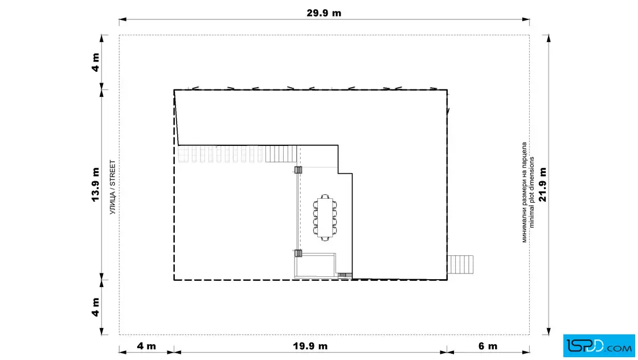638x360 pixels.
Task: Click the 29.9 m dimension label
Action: click(x=324, y=13)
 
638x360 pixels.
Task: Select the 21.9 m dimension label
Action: click(x=543, y=184)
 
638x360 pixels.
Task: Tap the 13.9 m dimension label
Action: click(x=96, y=184)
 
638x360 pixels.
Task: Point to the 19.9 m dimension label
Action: click(x=310, y=346)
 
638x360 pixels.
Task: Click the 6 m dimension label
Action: click(x=488, y=346)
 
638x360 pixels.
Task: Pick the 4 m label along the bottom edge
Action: click(x=146, y=346)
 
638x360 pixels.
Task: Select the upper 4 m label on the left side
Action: click(x=96, y=62)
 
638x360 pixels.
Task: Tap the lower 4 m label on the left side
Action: click(x=96, y=307)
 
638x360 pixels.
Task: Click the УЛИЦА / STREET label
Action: click(x=113, y=187)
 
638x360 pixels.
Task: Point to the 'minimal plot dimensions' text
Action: click(x=531, y=193)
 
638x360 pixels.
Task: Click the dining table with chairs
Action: click(x=325, y=218)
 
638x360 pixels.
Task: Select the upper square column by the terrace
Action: click(x=298, y=170)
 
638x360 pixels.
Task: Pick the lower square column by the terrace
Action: click(x=298, y=253)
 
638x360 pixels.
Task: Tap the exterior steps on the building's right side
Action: click(x=460, y=264)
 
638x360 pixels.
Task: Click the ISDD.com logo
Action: click(x=599, y=346)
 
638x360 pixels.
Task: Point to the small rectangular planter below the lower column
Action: click(x=315, y=265)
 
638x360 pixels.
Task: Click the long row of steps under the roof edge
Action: click(x=237, y=154)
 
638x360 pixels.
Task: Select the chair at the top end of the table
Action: click(x=325, y=197)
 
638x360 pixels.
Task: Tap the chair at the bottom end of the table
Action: click(x=325, y=239)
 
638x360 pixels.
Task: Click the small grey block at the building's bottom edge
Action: click(x=345, y=275)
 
